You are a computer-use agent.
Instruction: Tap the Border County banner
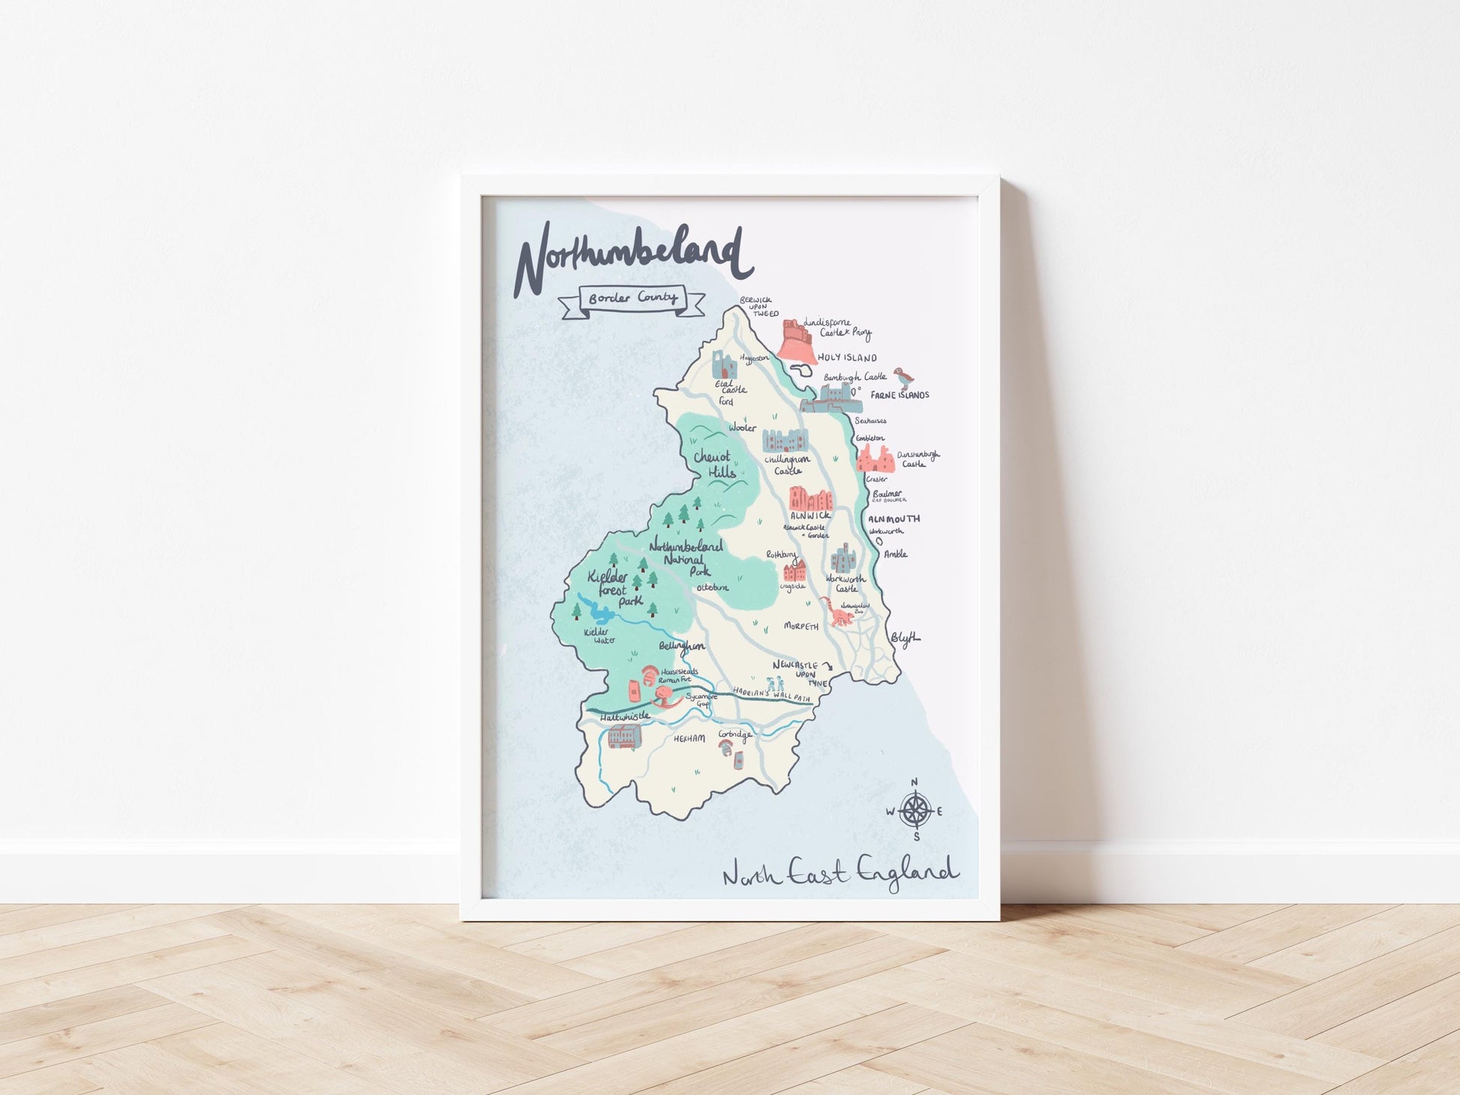tap(632, 299)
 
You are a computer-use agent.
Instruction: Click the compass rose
tap(915, 811)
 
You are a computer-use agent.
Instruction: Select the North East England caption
tap(840, 874)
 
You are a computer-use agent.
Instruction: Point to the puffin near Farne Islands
tap(900, 376)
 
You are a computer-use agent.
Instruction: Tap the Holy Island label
tap(847, 358)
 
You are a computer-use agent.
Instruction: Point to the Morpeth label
tap(801, 626)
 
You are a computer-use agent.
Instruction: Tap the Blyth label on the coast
tap(905, 638)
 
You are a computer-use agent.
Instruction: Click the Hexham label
tap(689, 739)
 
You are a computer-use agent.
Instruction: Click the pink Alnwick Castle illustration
tap(811, 498)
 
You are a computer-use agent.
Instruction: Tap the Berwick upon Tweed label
tap(756, 307)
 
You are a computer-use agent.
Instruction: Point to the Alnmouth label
tap(894, 519)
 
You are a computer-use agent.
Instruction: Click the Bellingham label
tap(682, 645)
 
